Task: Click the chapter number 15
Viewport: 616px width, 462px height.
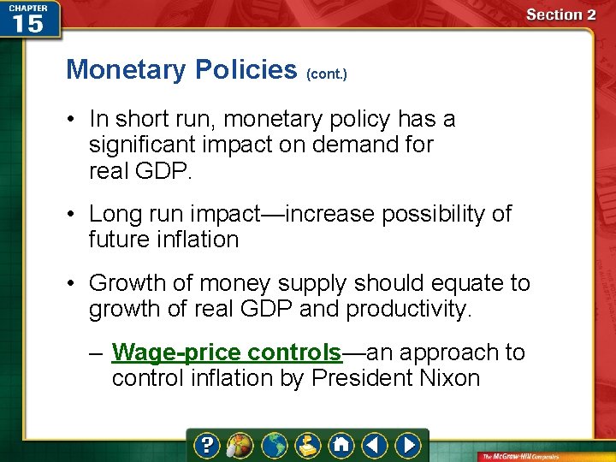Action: coord(27,23)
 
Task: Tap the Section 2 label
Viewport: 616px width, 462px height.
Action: coord(561,15)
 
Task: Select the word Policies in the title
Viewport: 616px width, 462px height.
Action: coord(246,69)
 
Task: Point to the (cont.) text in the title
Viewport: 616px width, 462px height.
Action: coord(326,74)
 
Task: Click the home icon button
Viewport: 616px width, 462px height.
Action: coord(342,445)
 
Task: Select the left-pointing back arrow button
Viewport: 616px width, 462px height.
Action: coord(375,445)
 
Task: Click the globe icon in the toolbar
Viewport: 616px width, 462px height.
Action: coord(274,445)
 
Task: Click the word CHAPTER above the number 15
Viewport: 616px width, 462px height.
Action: coord(27,7)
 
